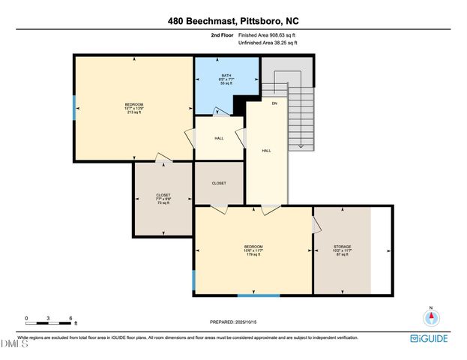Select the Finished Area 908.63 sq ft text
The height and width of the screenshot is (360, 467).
(x=268, y=35)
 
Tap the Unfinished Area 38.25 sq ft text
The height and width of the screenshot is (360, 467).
(x=268, y=43)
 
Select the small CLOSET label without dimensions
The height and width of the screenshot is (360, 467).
(x=219, y=183)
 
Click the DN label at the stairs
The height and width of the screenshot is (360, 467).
(x=274, y=103)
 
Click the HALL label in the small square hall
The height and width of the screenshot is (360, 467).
(x=219, y=138)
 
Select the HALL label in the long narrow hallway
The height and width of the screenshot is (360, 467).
(x=266, y=151)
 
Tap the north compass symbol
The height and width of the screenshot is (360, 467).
(x=431, y=316)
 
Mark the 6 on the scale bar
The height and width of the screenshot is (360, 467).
(x=70, y=319)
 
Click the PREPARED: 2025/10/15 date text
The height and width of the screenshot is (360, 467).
(x=234, y=322)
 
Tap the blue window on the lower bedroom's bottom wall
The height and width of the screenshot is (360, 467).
(x=259, y=295)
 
